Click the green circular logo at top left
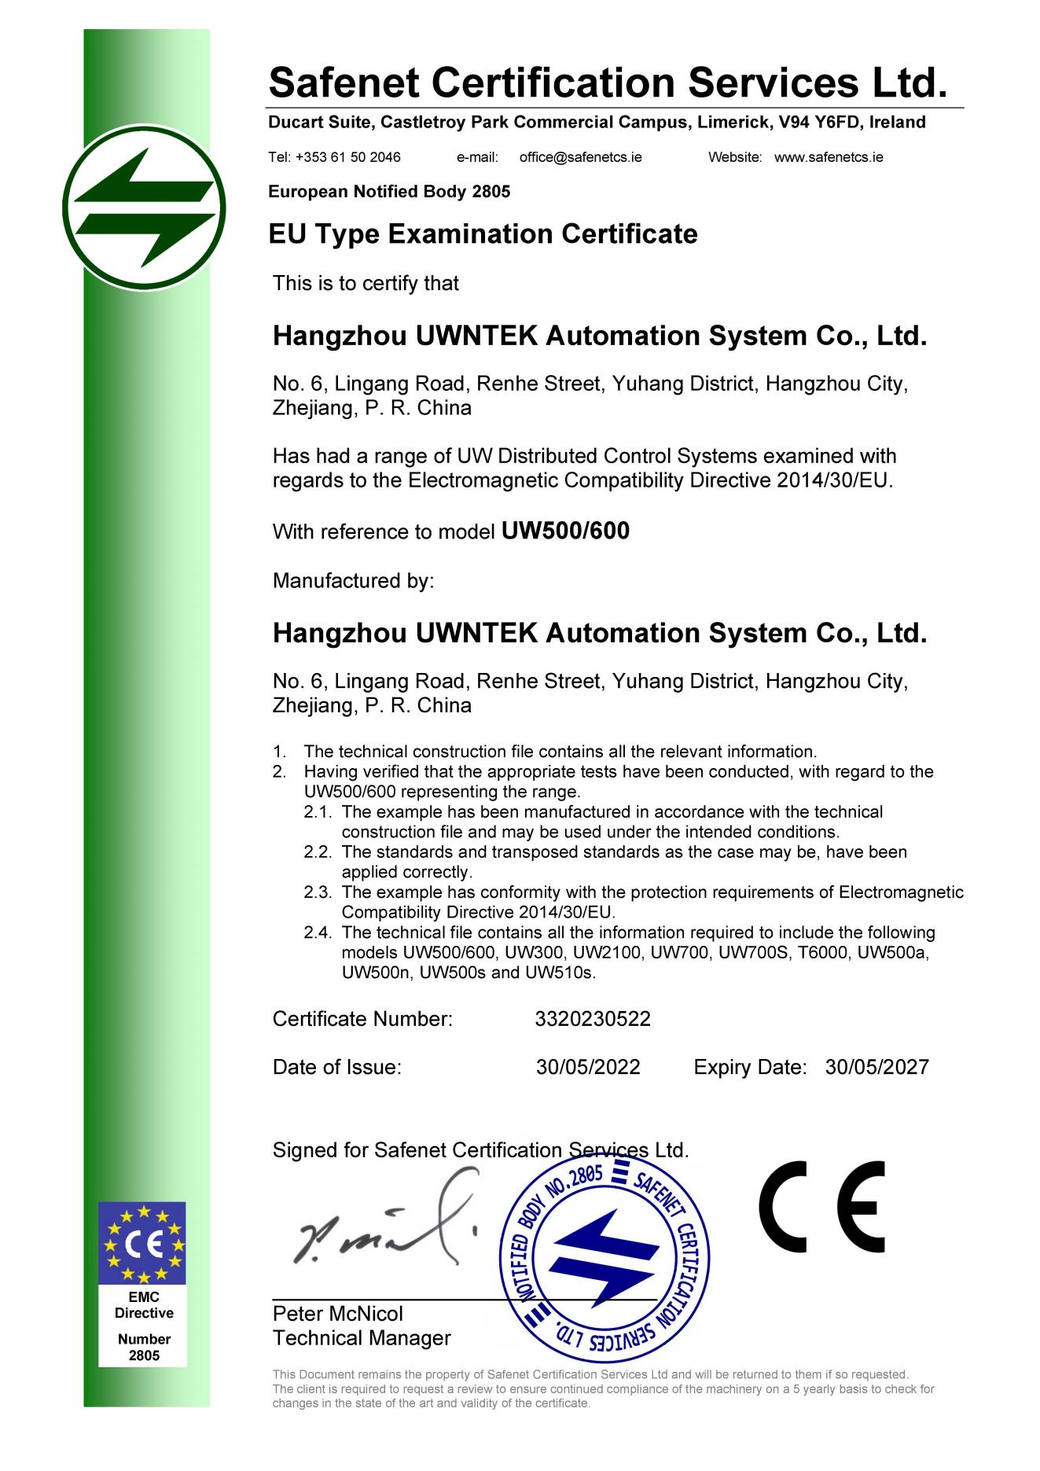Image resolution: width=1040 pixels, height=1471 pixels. click(x=144, y=208)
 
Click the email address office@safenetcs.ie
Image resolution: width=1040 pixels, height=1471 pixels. click(x=580, y=157)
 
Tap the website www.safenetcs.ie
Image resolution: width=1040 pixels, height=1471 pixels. click(x=829, y=157)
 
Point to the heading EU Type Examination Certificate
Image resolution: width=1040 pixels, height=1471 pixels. click(x=483, y=234)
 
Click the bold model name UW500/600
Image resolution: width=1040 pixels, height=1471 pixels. click(x=565, y=531)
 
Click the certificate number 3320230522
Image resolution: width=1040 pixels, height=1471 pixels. click(x=593, y=1019)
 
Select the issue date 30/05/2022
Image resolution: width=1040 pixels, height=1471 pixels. click(x=588, y=1067)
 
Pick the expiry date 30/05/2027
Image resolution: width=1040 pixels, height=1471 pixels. click(x=877, y=1067)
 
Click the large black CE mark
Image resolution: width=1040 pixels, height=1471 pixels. click(x=822, y=1208)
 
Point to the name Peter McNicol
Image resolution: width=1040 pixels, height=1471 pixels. click(x=337, y=1314)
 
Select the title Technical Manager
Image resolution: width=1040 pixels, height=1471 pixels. click(x=362, y=1338)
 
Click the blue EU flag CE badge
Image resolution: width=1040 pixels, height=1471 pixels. click(x=142, y=1243)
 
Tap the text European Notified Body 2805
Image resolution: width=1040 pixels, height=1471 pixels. click(x=389, y=192)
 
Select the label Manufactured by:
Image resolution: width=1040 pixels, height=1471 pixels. click(x=353, y=581)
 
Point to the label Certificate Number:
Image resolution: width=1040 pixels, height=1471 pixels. click(x=362, y=1019)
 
